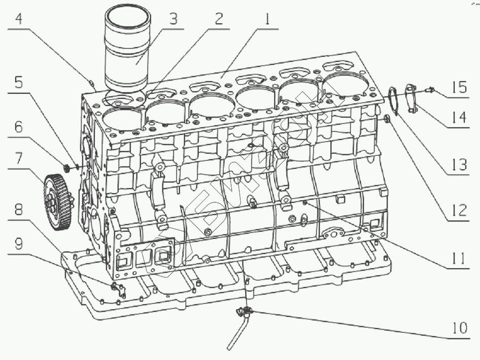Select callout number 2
point(218,20)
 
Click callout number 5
point(19,83)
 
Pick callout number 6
point(19,127)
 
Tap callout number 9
point(19,244)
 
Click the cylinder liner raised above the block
point(128,51)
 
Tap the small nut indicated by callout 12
point(387,120)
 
